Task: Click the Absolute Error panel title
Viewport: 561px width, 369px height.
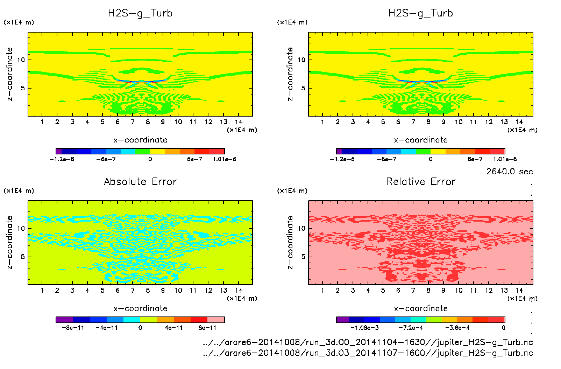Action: (x=140, y=181)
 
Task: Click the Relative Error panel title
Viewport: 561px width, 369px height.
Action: (x=421, y=181)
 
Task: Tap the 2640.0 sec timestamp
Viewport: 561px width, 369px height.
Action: (x=509, y=172)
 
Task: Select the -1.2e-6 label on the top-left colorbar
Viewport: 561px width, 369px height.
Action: (x=62, y=159)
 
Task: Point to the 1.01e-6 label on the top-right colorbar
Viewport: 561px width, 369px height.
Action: (x=505, y=159)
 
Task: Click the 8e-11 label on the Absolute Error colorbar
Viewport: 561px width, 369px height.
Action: (x=207, y=328)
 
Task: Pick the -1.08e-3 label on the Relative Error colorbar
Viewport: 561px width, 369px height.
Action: (x=364, y=328)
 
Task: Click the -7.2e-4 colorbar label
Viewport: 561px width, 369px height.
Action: (x=411, y=328)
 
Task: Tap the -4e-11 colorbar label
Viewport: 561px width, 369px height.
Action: (x=106, y=328)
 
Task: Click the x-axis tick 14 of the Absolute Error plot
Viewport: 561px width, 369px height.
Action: (x=239, y=290)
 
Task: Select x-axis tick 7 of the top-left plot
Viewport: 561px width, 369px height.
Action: (x=133, y=122)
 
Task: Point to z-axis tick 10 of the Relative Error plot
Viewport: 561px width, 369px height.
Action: (x=301, y=229)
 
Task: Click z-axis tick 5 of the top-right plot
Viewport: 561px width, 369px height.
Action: (x=303, y=88)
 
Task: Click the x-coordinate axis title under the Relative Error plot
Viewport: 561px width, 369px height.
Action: (x=421, y=308)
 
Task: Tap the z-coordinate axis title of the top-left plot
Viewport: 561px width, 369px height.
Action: (x=10, y=74)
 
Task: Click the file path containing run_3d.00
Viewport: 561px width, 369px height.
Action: (x=368, y=342)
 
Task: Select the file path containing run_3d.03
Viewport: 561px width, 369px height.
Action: (x=368, y=353)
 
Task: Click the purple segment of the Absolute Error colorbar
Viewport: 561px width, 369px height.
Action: (x=64, y=320)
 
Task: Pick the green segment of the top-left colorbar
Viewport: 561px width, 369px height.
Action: (x=143, y=151)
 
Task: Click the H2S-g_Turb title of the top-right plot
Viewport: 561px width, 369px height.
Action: (x=421, y=13)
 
